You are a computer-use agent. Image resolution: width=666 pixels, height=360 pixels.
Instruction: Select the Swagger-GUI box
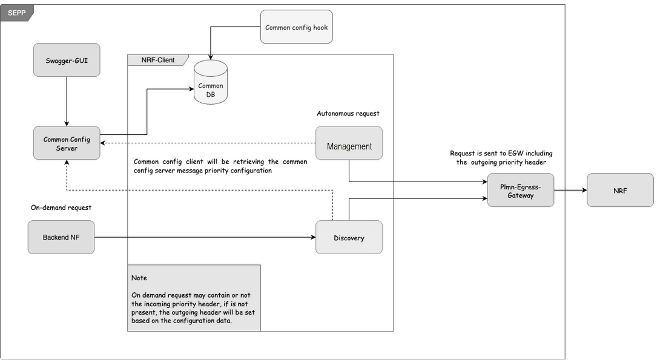[x=67, y=60]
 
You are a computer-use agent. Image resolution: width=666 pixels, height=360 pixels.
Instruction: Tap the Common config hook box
[x=296, y=27]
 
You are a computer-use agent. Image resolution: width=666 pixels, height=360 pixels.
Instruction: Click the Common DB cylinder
[x=210, y=85]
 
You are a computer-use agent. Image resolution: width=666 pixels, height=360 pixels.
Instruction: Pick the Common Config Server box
[x=67, y=143]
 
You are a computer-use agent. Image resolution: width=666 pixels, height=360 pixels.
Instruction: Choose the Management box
[x=349, y=146]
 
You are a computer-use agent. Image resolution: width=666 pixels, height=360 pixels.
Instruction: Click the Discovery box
[x=349, y=237]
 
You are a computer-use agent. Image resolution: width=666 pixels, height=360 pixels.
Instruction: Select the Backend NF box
[x=61, y=237]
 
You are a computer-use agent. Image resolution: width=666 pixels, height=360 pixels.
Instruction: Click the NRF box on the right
[x=620, y=190]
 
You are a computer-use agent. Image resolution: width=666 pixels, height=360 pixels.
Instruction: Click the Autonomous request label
[x=348, y=113]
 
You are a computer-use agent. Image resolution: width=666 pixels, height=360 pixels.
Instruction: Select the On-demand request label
[x=61, y=208]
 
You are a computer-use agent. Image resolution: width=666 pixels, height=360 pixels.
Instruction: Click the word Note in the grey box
[x=139, y=278]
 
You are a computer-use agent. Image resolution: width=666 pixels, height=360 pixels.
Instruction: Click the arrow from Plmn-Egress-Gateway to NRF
[x=570, y=190]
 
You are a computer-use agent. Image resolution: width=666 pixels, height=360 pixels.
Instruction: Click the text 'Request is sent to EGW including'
[x=501, y=153]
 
